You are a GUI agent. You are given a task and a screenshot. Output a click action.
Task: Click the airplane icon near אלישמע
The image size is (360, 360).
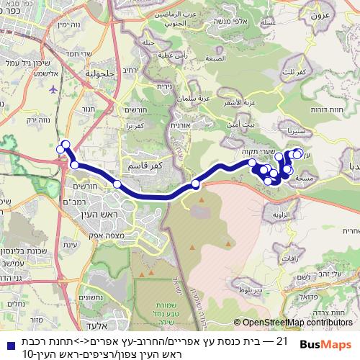55,89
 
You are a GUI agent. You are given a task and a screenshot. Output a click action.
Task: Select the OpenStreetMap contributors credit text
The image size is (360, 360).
297,323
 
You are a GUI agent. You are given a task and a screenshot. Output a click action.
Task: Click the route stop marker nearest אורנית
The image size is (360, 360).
195,185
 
